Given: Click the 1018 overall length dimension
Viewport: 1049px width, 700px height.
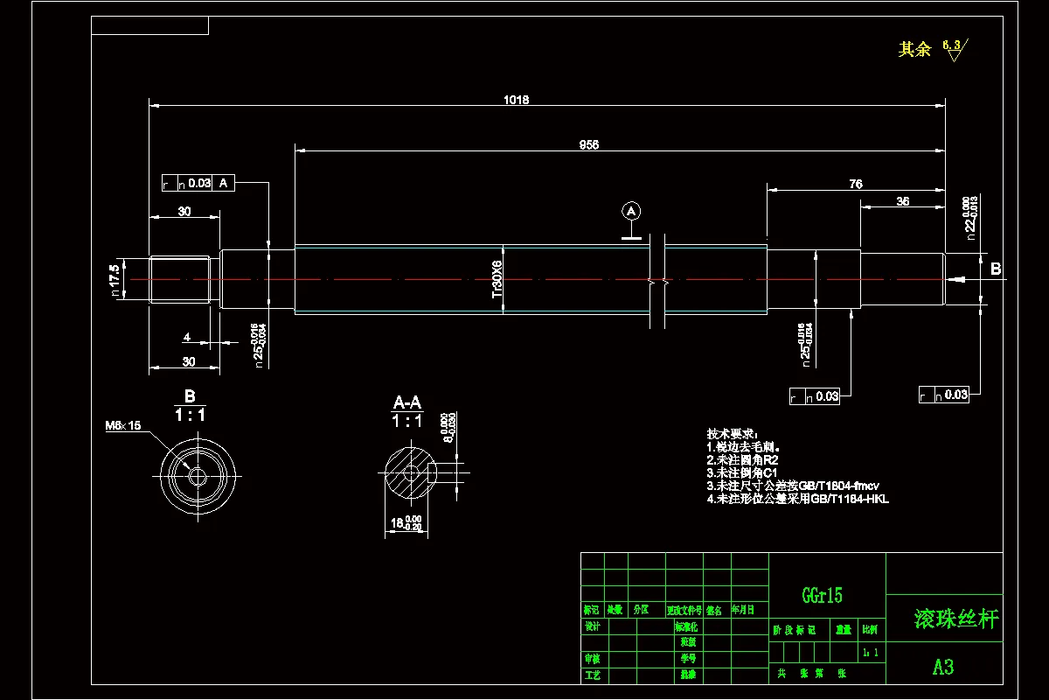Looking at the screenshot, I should point(516,100).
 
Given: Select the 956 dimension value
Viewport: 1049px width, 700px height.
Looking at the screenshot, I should point(589,145).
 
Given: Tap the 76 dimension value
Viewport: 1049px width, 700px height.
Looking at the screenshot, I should point(856,184).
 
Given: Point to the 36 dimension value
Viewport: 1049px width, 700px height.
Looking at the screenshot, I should point(903,201).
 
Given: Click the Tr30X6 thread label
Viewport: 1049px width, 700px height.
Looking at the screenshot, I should point(497,279).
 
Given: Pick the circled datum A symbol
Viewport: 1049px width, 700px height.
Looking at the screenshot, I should point(631,211).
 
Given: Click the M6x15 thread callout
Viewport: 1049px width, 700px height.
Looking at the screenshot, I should point(123,425).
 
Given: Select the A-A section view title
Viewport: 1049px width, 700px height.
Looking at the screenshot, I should point(407,402).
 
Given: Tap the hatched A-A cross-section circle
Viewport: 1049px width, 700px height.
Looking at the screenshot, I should point(409,475).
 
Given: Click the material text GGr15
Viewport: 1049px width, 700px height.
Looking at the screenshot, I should point(823,596).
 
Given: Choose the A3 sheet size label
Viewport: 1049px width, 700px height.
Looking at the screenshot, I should point(942,667).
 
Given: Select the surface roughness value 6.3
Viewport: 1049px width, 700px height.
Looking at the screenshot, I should point(951,45).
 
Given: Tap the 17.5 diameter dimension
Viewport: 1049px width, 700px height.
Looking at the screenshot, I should point(115,279).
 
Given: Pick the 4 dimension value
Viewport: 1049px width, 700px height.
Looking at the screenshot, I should point(186,337).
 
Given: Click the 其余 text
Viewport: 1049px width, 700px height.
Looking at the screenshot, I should point(915,50).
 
